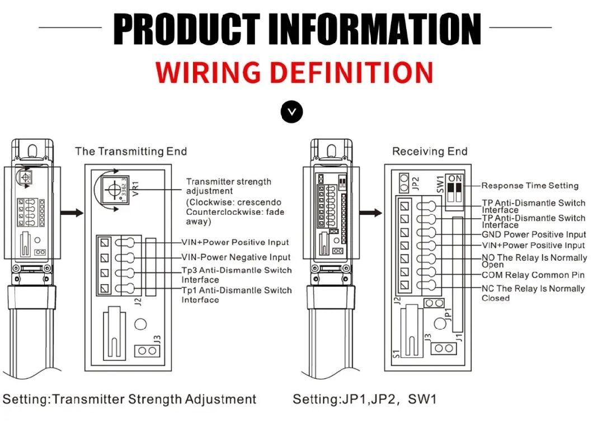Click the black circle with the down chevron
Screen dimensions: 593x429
[x=292, y=111]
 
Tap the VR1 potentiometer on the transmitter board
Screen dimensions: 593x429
[x=114, y=189]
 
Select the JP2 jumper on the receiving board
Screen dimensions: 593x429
[x=404, y=182]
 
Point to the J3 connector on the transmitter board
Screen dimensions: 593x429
[x=147, y=351]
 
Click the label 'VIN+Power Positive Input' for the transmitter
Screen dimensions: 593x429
[x=235, y=242]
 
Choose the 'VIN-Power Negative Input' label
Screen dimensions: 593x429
[x=236, y=257]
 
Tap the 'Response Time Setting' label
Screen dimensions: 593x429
[x=530, y=186]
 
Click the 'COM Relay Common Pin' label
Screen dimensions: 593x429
[x=533, y=275]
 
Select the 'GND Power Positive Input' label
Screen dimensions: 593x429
[x=534, y=234]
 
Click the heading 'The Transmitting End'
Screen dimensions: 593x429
[x=131, y=152]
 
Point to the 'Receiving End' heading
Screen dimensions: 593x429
[x=430, y=152]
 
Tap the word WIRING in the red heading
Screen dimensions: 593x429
[x=208, y=72]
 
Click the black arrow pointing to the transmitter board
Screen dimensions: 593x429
[x=72, y=213]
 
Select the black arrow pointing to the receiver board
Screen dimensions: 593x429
[x=370, y=213]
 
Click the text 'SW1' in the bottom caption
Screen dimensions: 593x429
[x=422, y=399]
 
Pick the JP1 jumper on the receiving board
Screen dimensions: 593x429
[x=434, y=303]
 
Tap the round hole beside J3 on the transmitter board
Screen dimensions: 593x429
[x=140, y=324]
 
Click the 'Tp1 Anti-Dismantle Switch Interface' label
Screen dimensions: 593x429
[x=237, y=295]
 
